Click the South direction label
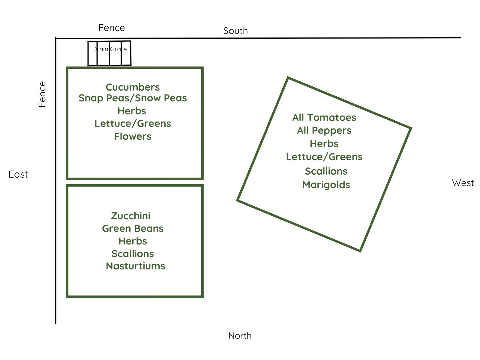[x=235, y=31]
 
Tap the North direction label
[x=240, y=336]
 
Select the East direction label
[x=18, y=174]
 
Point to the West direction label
[x=463, y=183]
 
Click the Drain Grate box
[x=109, y=53]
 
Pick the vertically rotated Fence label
[x=42, y=94]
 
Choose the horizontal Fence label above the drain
[x=112, y=28]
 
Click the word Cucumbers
[x=133, y=87]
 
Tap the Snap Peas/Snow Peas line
[x=133, y=98]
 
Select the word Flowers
[x=133, y=136]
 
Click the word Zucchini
[x=131, y=216]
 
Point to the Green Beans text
[x=133, y=229]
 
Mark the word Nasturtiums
[x=135, y=266]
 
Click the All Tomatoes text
[x=324, y=118]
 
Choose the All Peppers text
[x=324, y=131]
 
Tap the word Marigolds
[x=326, y=185]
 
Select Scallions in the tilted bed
[x=326, y=171]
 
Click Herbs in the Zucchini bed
[x=133, y=241]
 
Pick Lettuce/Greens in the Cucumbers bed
[x=133, y=124]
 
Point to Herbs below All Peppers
[x=324, y=144]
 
